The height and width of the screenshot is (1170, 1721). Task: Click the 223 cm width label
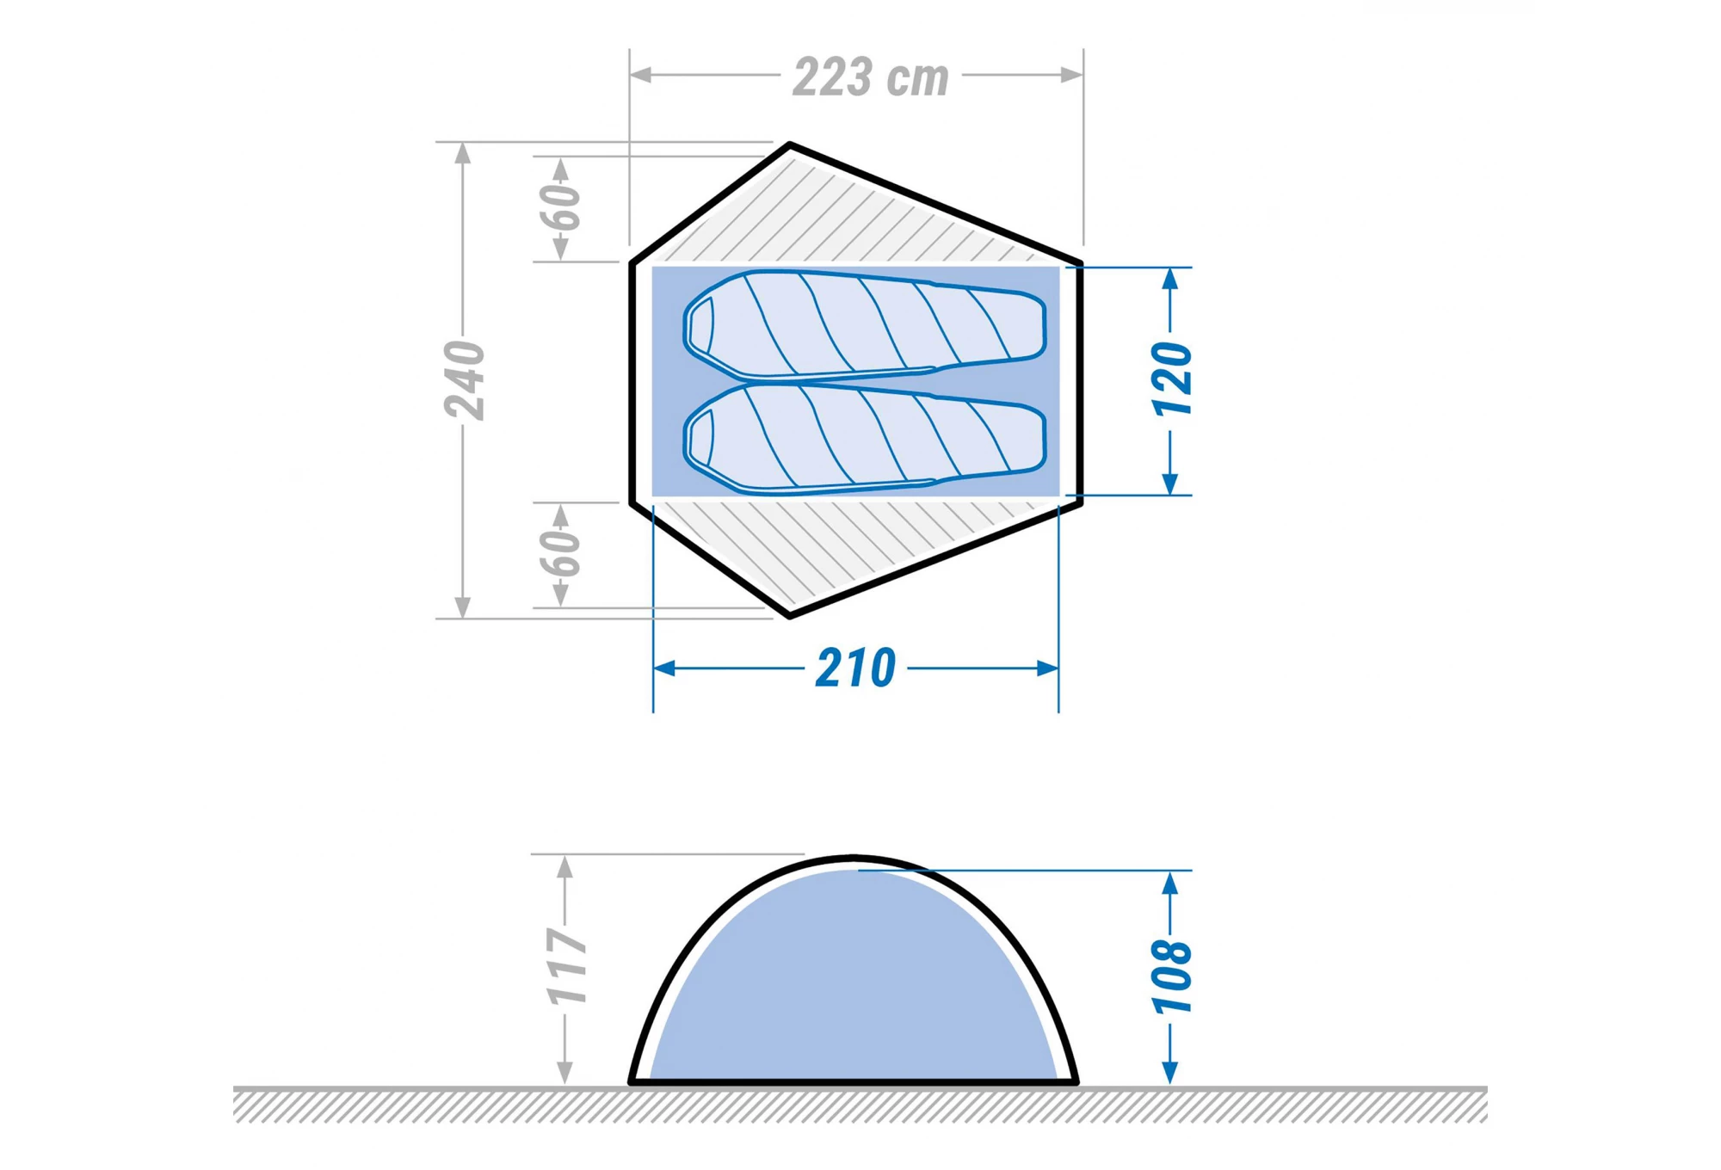tap(871, 77)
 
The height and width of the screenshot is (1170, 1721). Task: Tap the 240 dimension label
tap(466, 379)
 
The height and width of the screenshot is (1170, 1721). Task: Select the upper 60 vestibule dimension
tap(561, 207)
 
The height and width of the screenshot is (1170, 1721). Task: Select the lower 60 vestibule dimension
tap(561, 553)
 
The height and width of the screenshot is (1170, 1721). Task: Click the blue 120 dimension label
tap(1172, 379)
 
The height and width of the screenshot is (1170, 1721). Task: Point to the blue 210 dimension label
tap(856, 668)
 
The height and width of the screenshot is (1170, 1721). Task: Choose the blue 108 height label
tap(1172, 976)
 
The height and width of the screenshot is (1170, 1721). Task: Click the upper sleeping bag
tap(864, 325)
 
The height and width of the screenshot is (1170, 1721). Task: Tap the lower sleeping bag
tap(864, 439)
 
